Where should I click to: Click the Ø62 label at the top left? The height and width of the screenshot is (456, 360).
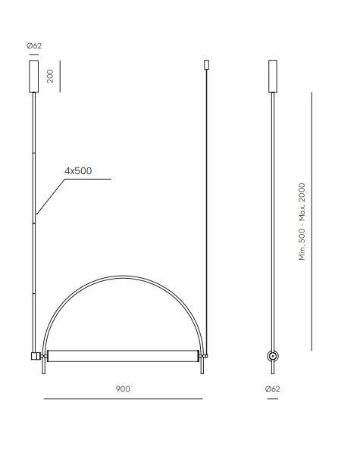click(x=34, y=45)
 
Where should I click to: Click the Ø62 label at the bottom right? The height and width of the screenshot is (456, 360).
click(x=272, y=389)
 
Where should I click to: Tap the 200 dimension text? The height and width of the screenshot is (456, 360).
click(x=50, y=77)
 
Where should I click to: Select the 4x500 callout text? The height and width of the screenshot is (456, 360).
click(x=78, y=170)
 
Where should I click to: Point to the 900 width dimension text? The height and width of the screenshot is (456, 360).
click(x=123, y=389)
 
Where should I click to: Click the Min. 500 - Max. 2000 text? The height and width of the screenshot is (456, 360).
click(x=302, y=222)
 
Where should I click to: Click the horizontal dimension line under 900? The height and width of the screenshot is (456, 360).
click(x=123, y=398)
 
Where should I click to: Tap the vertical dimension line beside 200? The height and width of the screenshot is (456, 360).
click(x=60, y=77)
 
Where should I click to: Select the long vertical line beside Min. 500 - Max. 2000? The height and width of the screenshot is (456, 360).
click(x=311, y=222)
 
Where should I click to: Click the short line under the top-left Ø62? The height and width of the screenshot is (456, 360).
click(x=34, y=55)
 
